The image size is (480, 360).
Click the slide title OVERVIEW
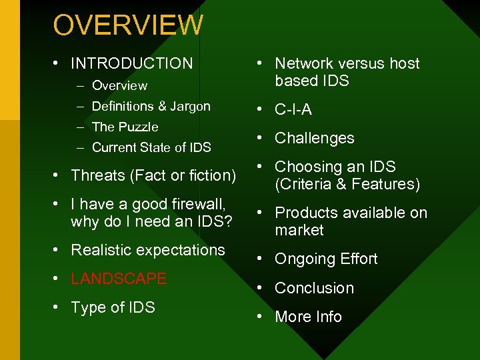[128, 25]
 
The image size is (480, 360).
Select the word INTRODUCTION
[131, 63]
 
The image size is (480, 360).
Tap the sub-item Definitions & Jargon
[151, 106]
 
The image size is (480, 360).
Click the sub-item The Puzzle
[125, 127]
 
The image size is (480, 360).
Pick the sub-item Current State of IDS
[151, 147]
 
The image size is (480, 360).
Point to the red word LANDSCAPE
[119, 279]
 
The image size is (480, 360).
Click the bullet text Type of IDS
[113, 307]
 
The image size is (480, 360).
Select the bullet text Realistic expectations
[148, 250]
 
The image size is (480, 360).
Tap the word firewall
[198, 204]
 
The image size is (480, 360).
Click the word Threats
[99, 175]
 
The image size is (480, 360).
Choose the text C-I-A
[293, 109]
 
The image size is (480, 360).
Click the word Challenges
[315, 138]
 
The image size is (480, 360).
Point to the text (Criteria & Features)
[347, 184]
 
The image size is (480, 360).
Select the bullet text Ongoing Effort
[326, 259]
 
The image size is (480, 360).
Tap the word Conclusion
[314, 288]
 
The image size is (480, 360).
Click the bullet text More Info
[308, 317]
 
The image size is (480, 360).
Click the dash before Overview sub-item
[79, 85]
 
